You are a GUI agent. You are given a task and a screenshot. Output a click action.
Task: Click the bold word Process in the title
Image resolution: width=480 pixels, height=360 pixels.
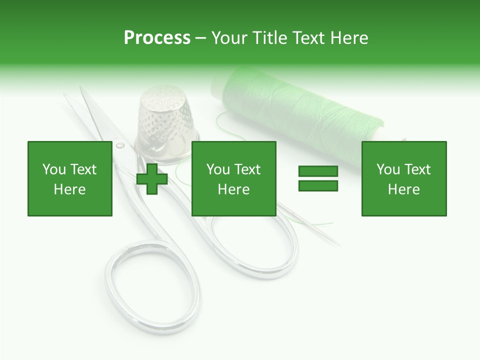click(157, 38)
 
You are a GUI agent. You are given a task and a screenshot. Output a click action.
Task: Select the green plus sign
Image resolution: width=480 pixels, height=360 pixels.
click(152, 178)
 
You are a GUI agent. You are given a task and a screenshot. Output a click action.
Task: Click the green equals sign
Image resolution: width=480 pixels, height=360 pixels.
click(318, 178)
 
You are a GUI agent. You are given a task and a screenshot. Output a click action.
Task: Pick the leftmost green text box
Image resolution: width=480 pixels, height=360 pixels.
click(69, 178)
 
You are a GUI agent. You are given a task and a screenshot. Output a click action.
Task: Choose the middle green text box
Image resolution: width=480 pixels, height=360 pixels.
click(233, 178)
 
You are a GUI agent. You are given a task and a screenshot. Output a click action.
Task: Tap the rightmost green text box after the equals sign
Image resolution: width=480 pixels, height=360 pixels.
click(403, 178)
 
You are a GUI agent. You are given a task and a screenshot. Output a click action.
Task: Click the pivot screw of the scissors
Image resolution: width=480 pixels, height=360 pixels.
click(120, 145)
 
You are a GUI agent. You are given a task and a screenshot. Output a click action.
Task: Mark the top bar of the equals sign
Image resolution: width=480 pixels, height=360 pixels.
click(318, 171)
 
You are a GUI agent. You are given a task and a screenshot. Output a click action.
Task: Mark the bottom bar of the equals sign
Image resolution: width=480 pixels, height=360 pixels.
click(318, 185)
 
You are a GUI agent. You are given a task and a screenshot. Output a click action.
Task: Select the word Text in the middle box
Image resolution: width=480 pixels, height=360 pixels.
click(247, 169)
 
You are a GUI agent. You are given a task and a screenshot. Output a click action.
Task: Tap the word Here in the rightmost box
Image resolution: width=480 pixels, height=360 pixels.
click(403, 189)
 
